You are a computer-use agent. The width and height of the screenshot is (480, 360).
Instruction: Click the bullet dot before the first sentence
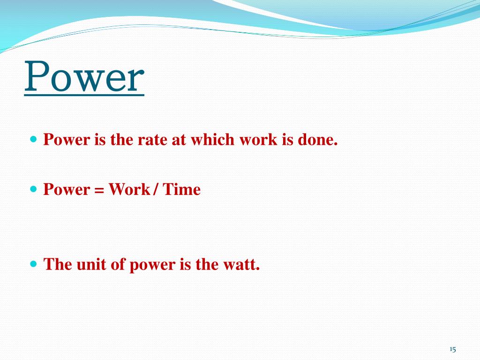(x=33, y=140)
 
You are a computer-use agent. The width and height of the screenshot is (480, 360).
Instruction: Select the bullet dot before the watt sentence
(x=33, y=264)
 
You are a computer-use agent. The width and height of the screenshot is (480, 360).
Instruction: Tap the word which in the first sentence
(x=210, y=140)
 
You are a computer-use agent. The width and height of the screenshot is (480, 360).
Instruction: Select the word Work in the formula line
(x=129, y=189)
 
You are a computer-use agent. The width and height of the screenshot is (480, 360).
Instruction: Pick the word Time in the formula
(x=182, y=189)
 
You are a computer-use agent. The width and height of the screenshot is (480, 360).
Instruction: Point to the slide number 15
(x=452, y=349)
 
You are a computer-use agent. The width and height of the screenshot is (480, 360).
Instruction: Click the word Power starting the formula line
(x=66, y=189)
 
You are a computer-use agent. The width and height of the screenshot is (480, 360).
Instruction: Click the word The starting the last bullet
(x=57, y=264)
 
